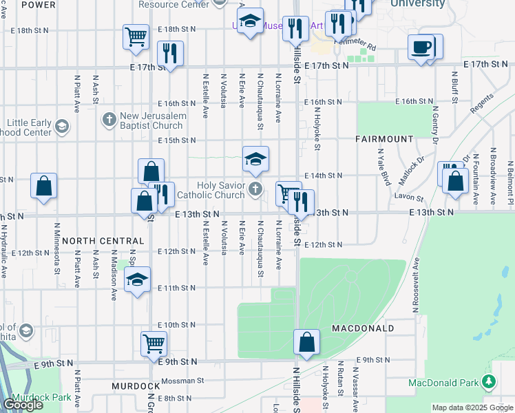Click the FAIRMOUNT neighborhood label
(x=384, y=139)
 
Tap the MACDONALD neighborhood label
(x=363, y=328)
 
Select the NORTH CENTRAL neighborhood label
(x=103, y=242)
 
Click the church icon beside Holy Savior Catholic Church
(x=255, y=188)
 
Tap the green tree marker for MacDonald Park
(x=489, y=381)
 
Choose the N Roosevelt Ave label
(x=417, y=278)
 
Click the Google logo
(x=23, y=405)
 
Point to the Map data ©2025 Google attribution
(x=472, y=407)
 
